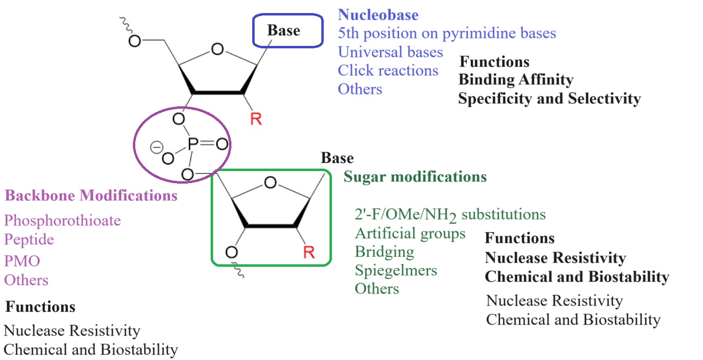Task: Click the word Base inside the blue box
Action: coord(284,30)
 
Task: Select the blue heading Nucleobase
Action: coord(378,15)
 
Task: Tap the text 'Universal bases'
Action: coord(390,52)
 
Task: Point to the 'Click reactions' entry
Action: coord(388,71)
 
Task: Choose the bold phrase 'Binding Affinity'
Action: coord(516,80)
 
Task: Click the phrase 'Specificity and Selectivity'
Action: coord(549,99)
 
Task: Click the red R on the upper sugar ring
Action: coord(256,119)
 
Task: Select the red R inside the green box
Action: coord(309,252)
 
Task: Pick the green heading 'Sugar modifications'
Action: coord(415,177)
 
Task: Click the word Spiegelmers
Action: coord(396,270)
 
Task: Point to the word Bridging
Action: coord(384,252)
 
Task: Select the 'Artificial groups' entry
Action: coord(410,233)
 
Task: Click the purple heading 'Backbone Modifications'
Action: coord(91,196)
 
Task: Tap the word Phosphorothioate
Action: coord(62,221)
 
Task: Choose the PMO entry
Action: coord(22,261)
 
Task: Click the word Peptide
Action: coord(29,240)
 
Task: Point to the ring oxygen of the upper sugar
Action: coord(218,49)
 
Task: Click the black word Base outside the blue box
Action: coord(337,158)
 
